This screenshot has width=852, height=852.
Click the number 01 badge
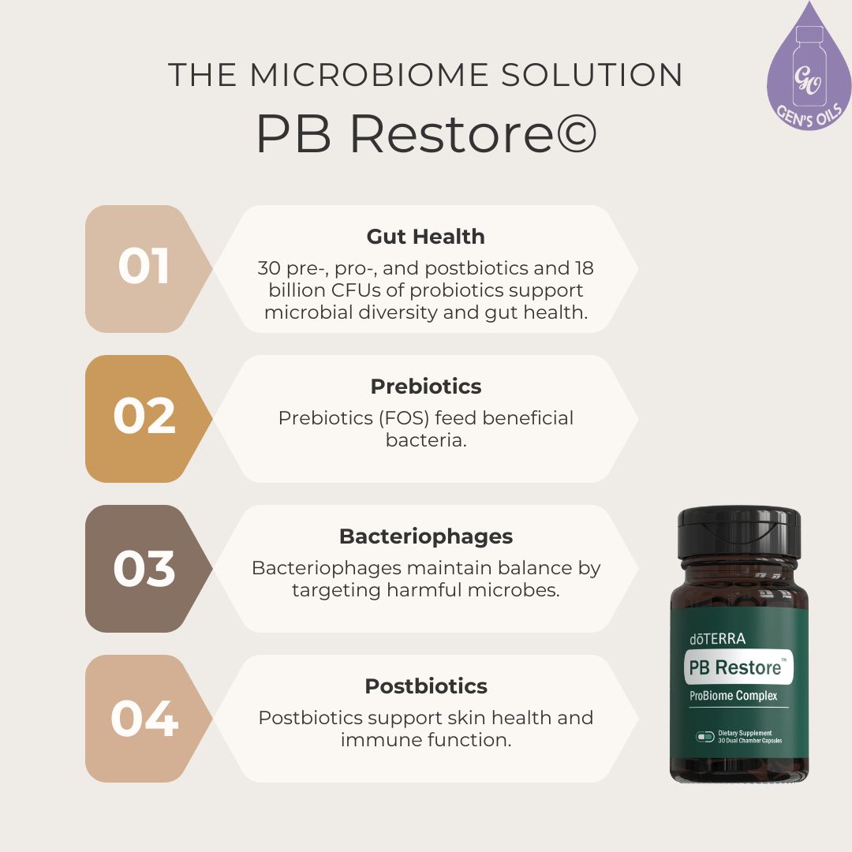coord(144,267)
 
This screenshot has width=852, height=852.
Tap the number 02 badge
coord(144,417)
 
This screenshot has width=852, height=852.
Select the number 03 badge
coord(144,568)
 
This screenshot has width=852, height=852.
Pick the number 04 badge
coord(144,718)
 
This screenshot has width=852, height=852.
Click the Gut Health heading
coord(425,237)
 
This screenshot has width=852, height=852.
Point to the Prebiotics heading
coord(425,387)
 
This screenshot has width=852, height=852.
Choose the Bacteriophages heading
coord(425,536)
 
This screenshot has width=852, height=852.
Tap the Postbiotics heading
coord(425,686)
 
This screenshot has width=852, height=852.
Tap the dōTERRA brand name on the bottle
coord(717,638)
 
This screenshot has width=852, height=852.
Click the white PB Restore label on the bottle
coord(738,667)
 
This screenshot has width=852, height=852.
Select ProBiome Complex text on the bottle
coord(733,695)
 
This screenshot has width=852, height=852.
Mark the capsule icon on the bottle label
coord(704,737)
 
